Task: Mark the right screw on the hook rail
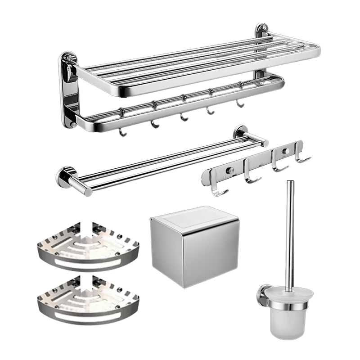point(284,150)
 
